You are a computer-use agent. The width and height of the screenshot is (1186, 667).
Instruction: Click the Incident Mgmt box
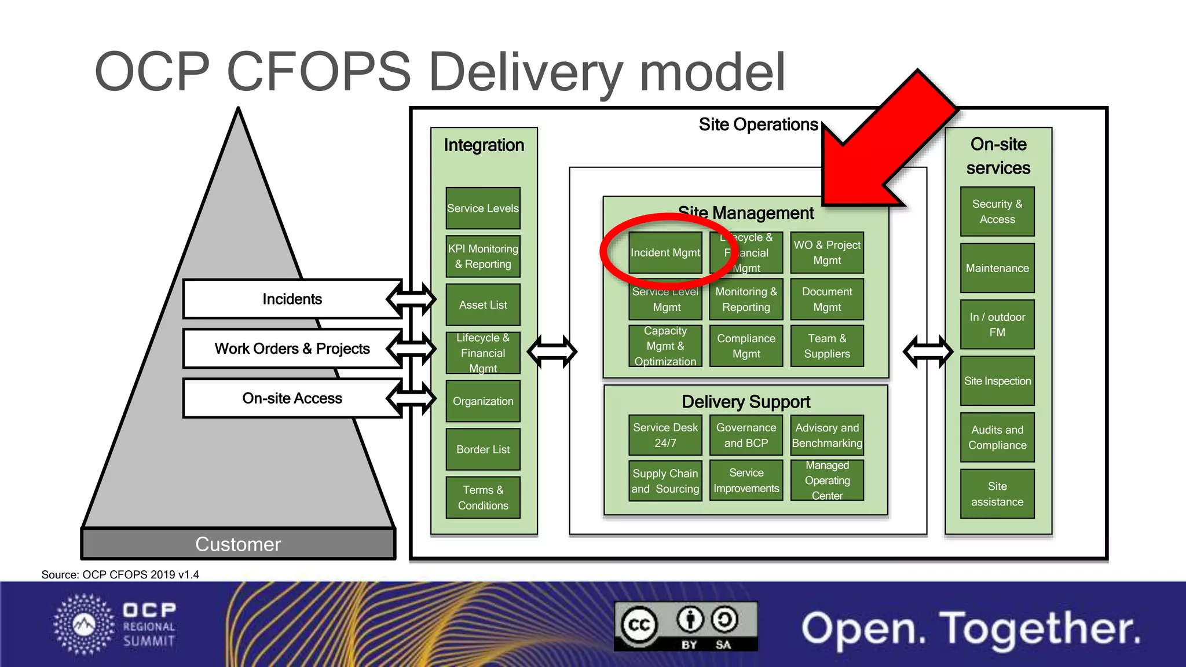coord(665,253)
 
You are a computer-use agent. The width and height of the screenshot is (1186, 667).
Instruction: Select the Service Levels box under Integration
coord(483,208)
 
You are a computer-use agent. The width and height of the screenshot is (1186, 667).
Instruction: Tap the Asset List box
coord(483,305)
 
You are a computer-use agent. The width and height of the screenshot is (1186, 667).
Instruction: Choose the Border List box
coord(483,450)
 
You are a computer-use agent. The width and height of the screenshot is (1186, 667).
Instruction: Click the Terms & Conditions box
coord(483,498)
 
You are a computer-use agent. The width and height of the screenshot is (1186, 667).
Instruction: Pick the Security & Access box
coord(997,212)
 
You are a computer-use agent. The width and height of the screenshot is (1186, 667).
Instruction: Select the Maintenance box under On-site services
coord(997,269)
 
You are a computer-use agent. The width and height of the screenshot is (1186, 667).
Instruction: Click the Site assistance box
coord(997,494)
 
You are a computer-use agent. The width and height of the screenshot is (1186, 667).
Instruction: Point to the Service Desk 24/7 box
coord(665,435)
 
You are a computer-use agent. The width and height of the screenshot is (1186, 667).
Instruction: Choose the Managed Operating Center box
coord(827,481)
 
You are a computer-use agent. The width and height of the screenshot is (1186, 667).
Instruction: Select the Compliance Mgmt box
coord(746,346)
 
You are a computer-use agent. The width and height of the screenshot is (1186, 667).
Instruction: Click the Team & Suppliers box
coord(827,346)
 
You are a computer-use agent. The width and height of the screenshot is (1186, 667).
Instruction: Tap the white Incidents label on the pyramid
coord(292,299)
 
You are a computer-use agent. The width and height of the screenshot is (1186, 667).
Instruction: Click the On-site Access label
coord(292,398)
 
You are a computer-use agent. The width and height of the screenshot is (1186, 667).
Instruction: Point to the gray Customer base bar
coord(238,544)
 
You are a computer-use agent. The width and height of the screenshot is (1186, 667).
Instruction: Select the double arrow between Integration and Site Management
coord(552,351)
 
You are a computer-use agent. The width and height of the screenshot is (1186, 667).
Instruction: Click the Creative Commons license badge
coord(686,626)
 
